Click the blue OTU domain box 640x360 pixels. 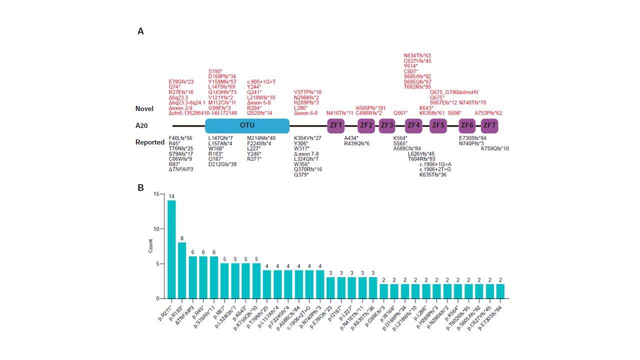[x=247, y=125]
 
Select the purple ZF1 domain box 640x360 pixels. [x=335, y=125]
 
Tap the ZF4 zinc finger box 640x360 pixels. [x=413, y=125]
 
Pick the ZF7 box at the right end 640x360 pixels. [x=489, y=125]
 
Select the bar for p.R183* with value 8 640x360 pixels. [x=182, y=270]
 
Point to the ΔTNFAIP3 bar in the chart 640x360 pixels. [x=192, y=277]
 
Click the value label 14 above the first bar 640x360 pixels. [x=171, y=196]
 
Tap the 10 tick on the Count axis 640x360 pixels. [x=156, y=229]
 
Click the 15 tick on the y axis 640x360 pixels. [x=156, y=194]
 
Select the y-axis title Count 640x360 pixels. [x=150, y=246]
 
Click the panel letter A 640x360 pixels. [x=140, y=31]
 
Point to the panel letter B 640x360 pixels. [x=140, y=188]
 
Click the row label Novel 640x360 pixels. [x=144, y=108]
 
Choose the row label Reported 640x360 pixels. [x=149, y=142]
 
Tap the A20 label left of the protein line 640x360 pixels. [x=142, y=125]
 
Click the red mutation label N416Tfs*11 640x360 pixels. [x=340, y=113]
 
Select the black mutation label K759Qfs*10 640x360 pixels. [x=495, y=148]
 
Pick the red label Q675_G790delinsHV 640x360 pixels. [x=454, y=92]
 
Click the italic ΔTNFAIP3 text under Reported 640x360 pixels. [x=181, y=169]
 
